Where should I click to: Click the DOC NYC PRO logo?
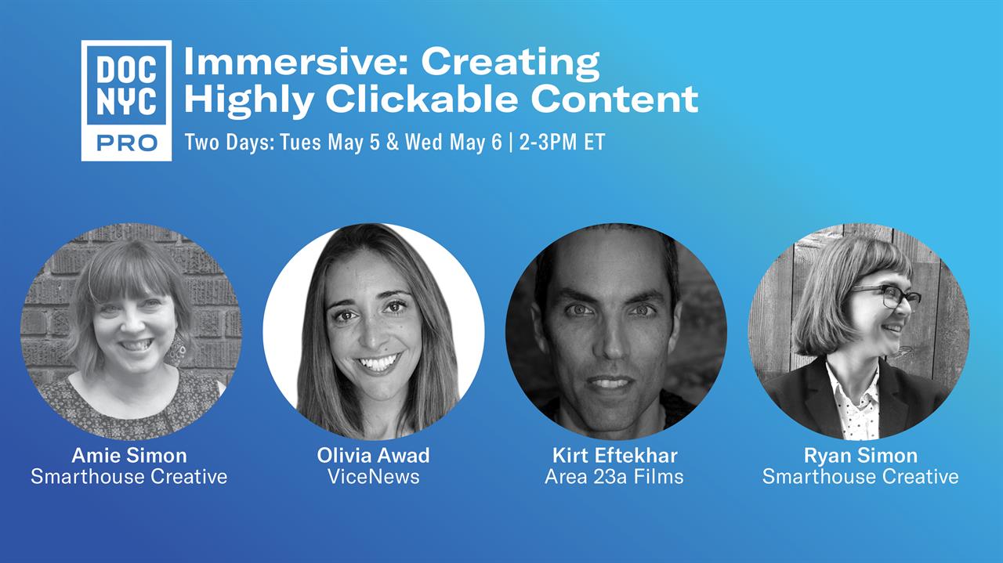pos(126,101)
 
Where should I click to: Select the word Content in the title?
pos(614,99)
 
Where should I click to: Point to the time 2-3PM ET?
pos(563,143)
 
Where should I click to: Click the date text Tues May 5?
pos(330,143)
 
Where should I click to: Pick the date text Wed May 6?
pos(454,143)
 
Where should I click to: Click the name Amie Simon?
pos(129,456)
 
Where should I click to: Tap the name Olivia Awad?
pos(374,456)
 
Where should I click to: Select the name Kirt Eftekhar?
pos(615,456)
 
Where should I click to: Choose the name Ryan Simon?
pos(860,456)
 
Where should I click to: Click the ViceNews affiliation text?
pos(374,477)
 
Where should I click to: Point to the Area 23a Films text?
pos(614,477)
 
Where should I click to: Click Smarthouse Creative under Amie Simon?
pos(129,477)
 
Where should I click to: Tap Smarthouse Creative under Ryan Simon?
pos(860,477)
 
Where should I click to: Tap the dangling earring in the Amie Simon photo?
pos(178,349)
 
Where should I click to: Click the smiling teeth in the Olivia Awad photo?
pos(378,363)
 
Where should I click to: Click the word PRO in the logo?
pos(127,143)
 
